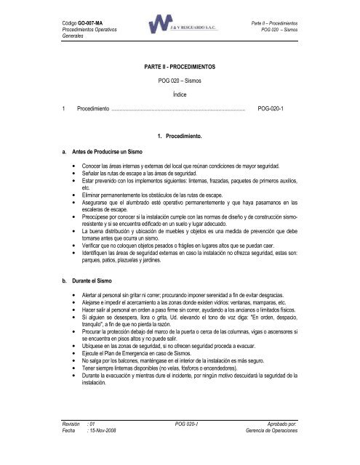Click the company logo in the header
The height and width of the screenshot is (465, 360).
click(x=179, y=26)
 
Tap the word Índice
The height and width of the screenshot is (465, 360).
click(x=179, y=95)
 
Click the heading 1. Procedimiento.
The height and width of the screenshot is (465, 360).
click(x=179, y=136)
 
